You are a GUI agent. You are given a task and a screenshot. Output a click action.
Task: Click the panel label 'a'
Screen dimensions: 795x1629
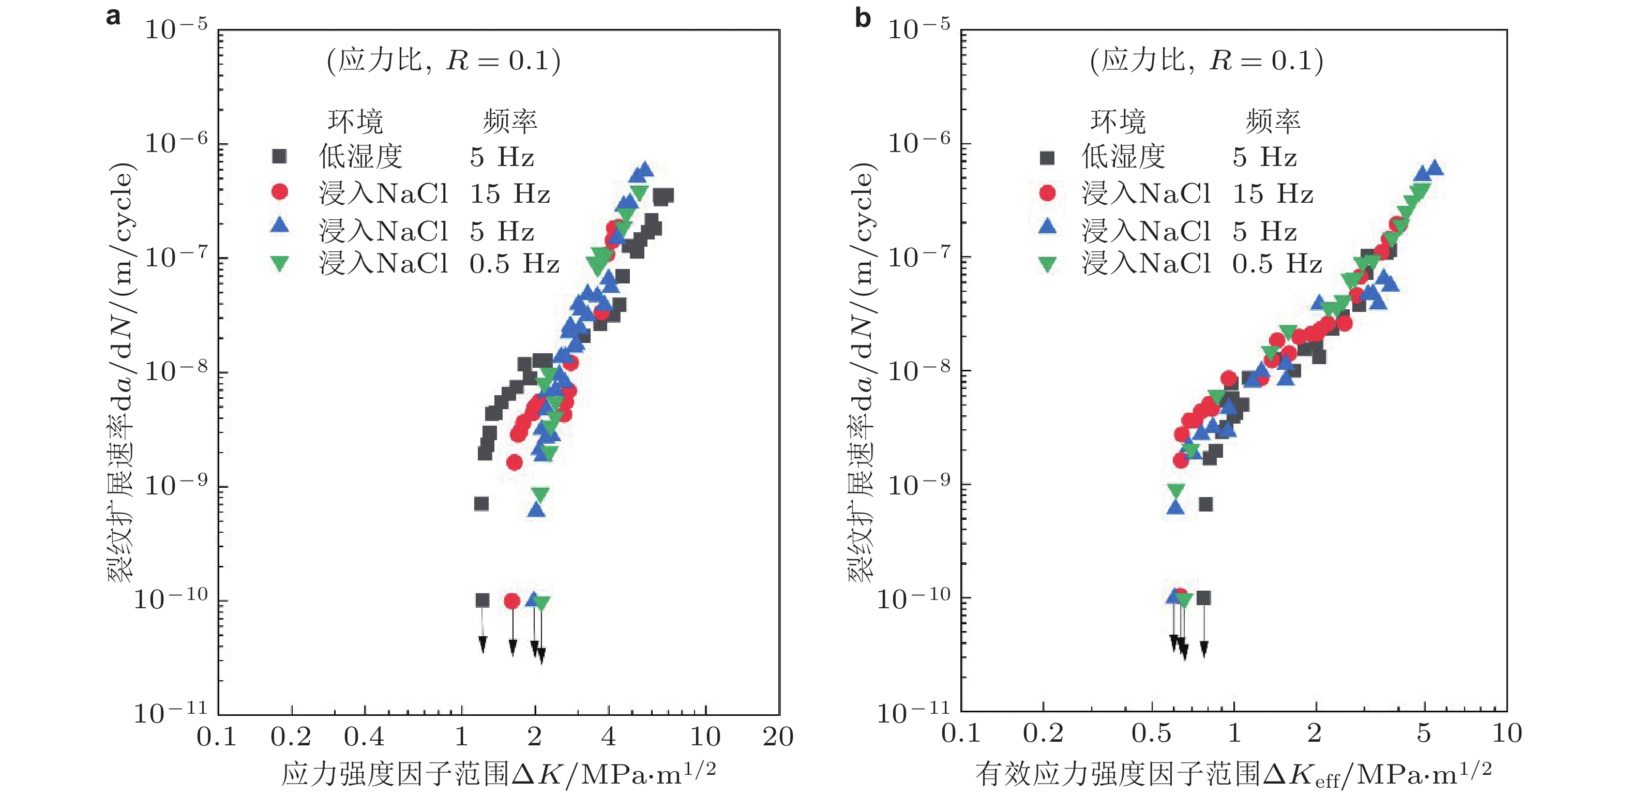coord(113,17)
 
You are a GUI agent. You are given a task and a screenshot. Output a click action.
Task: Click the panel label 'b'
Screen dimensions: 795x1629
coord(863,18)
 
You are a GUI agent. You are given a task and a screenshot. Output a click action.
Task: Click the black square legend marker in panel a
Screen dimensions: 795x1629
coord(279,156)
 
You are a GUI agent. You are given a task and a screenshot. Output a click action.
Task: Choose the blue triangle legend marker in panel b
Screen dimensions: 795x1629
coord(1047,227)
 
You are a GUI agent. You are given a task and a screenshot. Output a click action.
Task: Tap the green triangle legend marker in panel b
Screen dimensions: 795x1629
coord(1047,264)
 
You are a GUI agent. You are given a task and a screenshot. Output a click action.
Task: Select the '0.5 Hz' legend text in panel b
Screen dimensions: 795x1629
coord(1277,264)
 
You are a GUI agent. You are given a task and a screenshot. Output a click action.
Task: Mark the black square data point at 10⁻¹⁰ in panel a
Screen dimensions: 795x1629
coord(482,600)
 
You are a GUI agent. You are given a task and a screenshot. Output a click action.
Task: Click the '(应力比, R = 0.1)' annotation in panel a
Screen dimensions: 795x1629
coord(443,61)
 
